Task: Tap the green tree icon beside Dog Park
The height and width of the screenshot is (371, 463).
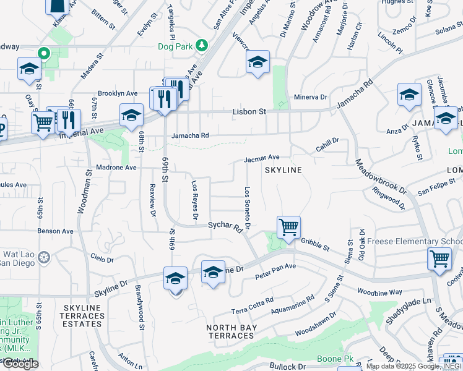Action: pyautogui.click(x=201, y=45)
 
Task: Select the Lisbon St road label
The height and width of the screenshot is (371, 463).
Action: pyautogui.click(x=249, y=112)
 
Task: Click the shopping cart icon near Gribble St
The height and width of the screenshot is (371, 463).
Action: pyautogui.click(x=288, y=227)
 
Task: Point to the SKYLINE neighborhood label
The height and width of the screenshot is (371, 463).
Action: pyautogui.click(x=283, y=169)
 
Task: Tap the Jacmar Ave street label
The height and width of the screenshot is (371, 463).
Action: pyautogui.click(x=262, y=158)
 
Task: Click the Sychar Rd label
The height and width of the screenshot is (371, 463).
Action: pyautogui.click(x=224, y=228)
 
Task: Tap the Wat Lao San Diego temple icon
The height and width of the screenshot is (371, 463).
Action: pyautogui.click(x=43, y=256)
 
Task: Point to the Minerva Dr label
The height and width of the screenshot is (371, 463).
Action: pyautogui.click(x=311, y=97)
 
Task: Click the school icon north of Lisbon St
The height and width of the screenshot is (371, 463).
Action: pyautogui.click(x=258, y=62)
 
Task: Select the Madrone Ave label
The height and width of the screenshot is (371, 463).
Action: pyautogui.click(x=116, y=168)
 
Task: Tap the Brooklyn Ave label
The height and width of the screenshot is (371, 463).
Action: pyautogui.click(x=118, y=93)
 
